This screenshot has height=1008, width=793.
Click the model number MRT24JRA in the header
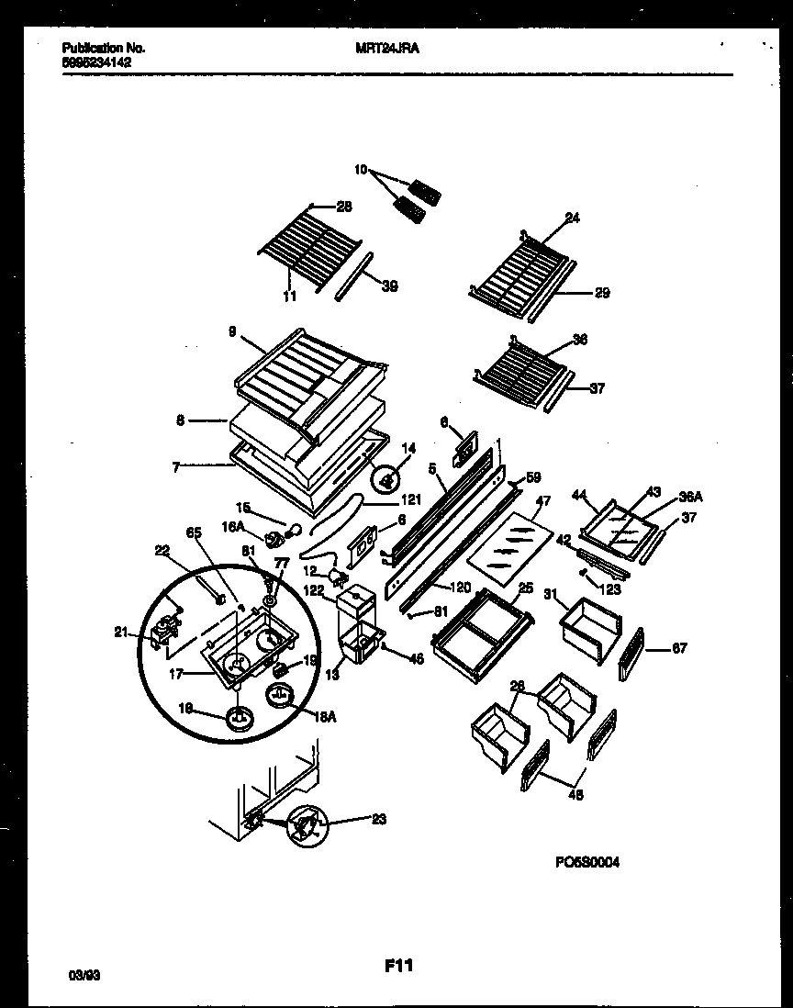point(386,48)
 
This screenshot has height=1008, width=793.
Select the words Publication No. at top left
point(103,48)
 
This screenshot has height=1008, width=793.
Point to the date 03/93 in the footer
point(84,978)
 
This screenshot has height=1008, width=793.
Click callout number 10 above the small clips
point(360,170)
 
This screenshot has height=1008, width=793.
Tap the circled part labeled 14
point(386,478)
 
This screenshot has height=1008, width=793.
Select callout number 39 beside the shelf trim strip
point(389,286)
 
